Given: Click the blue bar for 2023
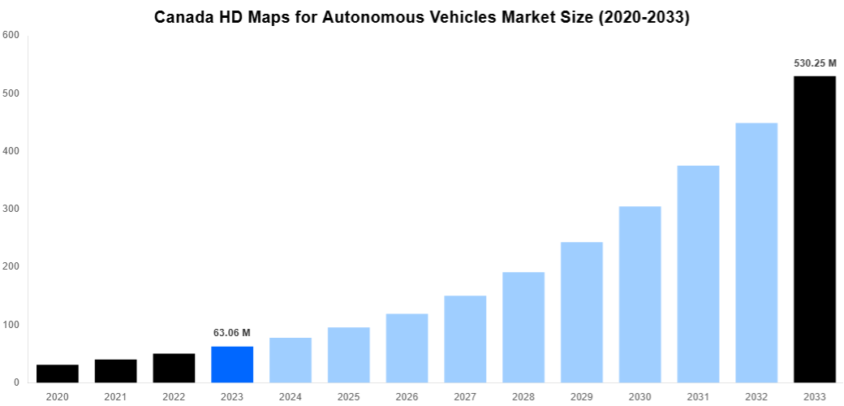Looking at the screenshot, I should pyautogui.click(x=232, y=365).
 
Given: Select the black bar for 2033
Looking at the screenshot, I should pyautogui.click(x=814, y=229).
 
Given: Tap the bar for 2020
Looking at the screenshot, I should pyautogui.click(x=58, y=374).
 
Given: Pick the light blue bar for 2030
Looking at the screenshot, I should pyautogui.click(x=639, y=295).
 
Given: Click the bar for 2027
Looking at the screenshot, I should pyautogui.click(x=465, y=339).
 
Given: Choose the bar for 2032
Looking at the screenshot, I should pyautogui.click(x=756, y=253).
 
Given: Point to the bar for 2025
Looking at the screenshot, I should pyautogui.click(x=348, y=355).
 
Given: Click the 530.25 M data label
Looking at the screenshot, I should pyautogui.click(x=814, y=63).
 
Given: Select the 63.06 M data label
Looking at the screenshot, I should pyautogui.click(x=232, y=333).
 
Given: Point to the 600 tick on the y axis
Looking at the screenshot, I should pyautogui.click(x=11, y=35).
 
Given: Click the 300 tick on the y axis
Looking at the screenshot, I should pyautogui.click(x=11, y=209).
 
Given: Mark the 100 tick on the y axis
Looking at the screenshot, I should pyautogui.click(x=11, y=325).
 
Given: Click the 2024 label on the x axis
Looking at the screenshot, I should pyautogui.click(x=290, y=397).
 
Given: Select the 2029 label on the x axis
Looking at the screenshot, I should pyautogui.click(x=581, y=397).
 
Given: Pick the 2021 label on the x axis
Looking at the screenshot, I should pyautogui.click(x=115, y=397).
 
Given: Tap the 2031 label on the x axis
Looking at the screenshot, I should pyautogui.click(x=698, y=397).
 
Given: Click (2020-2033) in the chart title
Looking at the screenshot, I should pyautogui.click(x=643, y=17).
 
